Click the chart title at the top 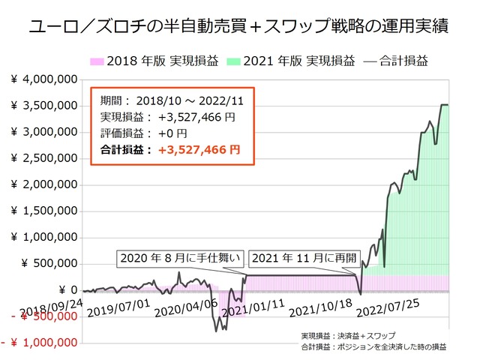239,28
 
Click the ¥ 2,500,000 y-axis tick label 44,158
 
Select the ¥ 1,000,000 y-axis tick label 44,237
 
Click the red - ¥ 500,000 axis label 39,316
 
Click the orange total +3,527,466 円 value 198,149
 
